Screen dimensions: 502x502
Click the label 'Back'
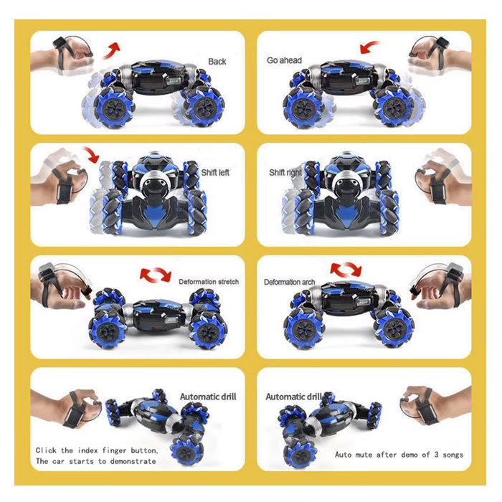pyautogui.click(x=217, y=62)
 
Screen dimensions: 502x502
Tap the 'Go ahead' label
pyautogui.click(x=284, y=60)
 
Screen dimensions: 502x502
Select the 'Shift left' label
pyautogui.click(x=215, y=173)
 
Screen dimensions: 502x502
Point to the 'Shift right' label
pyautogui.click(x=285, y=173)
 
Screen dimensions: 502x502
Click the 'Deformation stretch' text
pyautogui.click(x=209, y=282)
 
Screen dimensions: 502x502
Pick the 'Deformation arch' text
pyautogui.click(x=290, y=282)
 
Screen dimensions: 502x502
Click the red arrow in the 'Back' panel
pyautogui.click(x=111, y=51)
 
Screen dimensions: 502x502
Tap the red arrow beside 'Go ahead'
pyautogui.click(x=369, y=47)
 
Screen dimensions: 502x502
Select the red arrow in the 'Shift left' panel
pyautogui.click(x=91, y=155)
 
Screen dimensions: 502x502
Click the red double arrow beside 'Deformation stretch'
pyautogui.click(x=156, y=275)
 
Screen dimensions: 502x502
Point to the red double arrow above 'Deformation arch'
pyautogui.click(x=346, y=269)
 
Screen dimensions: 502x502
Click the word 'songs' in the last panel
pyautogui.click(x=453, y=455)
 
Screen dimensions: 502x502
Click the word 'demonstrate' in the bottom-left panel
pyautogui.click(x=133, y=461)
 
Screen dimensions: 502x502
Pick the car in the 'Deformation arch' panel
pyautogui.click(x=349, y=313)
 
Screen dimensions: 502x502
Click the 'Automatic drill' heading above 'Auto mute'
pyautogui.click(x=293, y=397)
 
